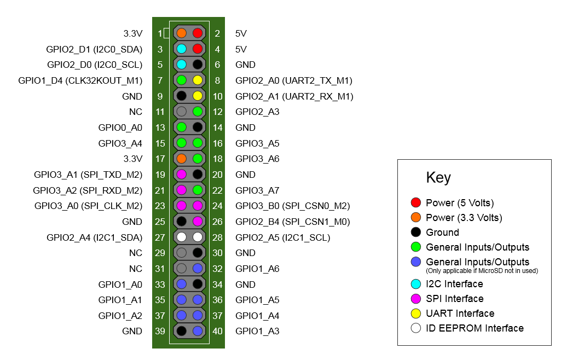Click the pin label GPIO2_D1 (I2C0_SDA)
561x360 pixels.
tap(94, 49)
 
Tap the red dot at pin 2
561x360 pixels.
tap(198, 33)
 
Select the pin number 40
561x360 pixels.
tap(217, 331)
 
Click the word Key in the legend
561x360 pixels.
tap(438, 178)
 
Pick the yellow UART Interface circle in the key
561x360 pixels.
tap(415, 313)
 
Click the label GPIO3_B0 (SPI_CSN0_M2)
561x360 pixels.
tap(293, 206)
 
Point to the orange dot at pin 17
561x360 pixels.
tap(182, 159)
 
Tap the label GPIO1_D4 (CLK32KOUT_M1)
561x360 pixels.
tap(80, 81)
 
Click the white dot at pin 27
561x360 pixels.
tap(182, 237)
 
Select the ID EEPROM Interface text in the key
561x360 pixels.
tap(475, 328)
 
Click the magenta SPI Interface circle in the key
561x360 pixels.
tap(415, 299)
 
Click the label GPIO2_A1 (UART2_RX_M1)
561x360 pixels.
tap(294, 97)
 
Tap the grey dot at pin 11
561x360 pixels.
tap(182, 112)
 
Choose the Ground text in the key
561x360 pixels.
tap(442, 233)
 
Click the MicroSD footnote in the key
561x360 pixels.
tap(482, 271)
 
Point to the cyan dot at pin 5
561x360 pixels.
tap(182, 65)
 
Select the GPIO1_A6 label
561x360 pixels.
tap(257, 269)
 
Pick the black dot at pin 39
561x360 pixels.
tap(182, 331)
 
